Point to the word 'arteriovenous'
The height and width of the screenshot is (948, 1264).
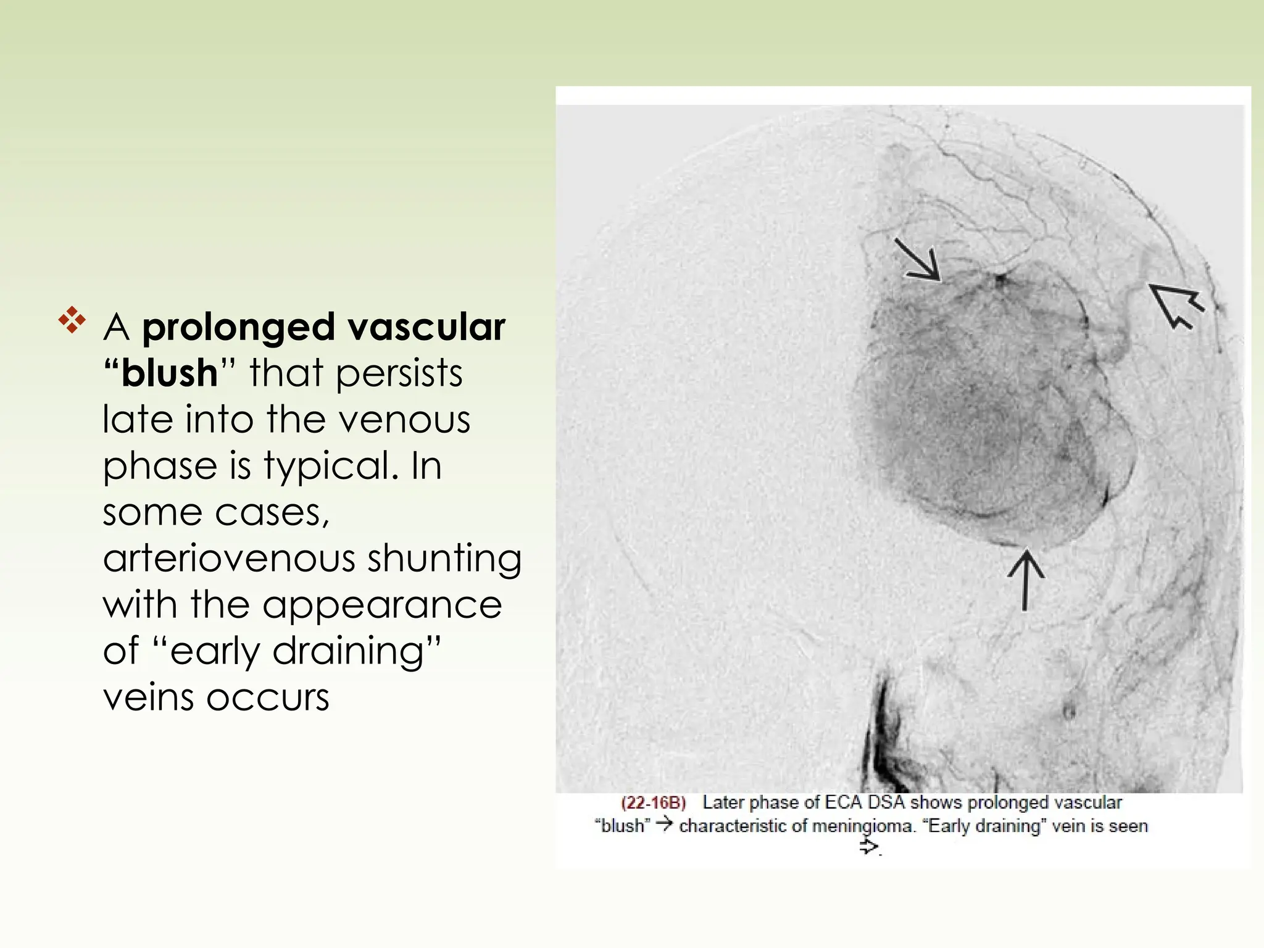click(x=228, y=558)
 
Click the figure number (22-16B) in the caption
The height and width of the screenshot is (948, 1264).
click(x=653, y=803)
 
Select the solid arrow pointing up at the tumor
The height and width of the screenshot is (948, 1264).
click(x=1025, y=580)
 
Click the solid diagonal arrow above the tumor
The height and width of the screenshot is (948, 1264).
click(x=917, y=260)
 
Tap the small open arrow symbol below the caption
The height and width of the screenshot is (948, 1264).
click(x=868, y=847)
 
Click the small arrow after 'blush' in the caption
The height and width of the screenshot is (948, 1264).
click(x=664, y=825)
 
